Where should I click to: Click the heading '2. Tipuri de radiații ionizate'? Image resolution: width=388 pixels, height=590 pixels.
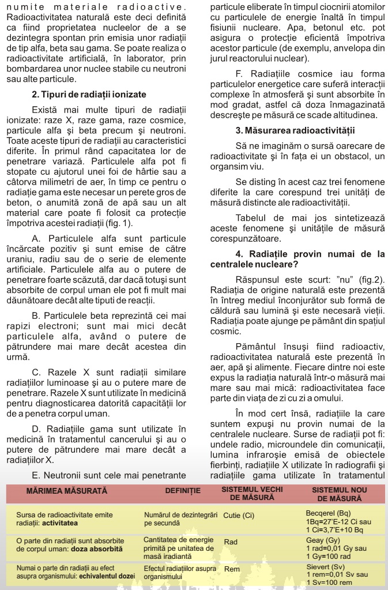pos(89,95)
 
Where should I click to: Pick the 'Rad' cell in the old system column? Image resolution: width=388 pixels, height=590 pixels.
pos(231,542)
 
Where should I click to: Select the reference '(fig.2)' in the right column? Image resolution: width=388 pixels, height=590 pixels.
pos(372,280)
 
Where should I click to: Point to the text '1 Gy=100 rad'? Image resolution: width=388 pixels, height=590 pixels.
pos(329,556)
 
